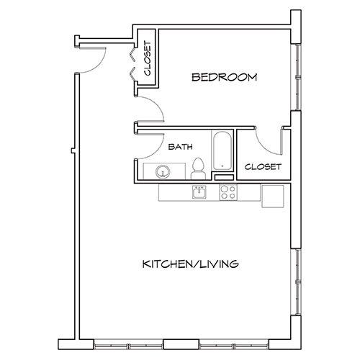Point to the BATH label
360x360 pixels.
(179, 146)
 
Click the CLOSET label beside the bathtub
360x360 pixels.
(262, 167)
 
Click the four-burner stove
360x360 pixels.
(228, 192)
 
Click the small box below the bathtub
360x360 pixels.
(225, 176)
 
